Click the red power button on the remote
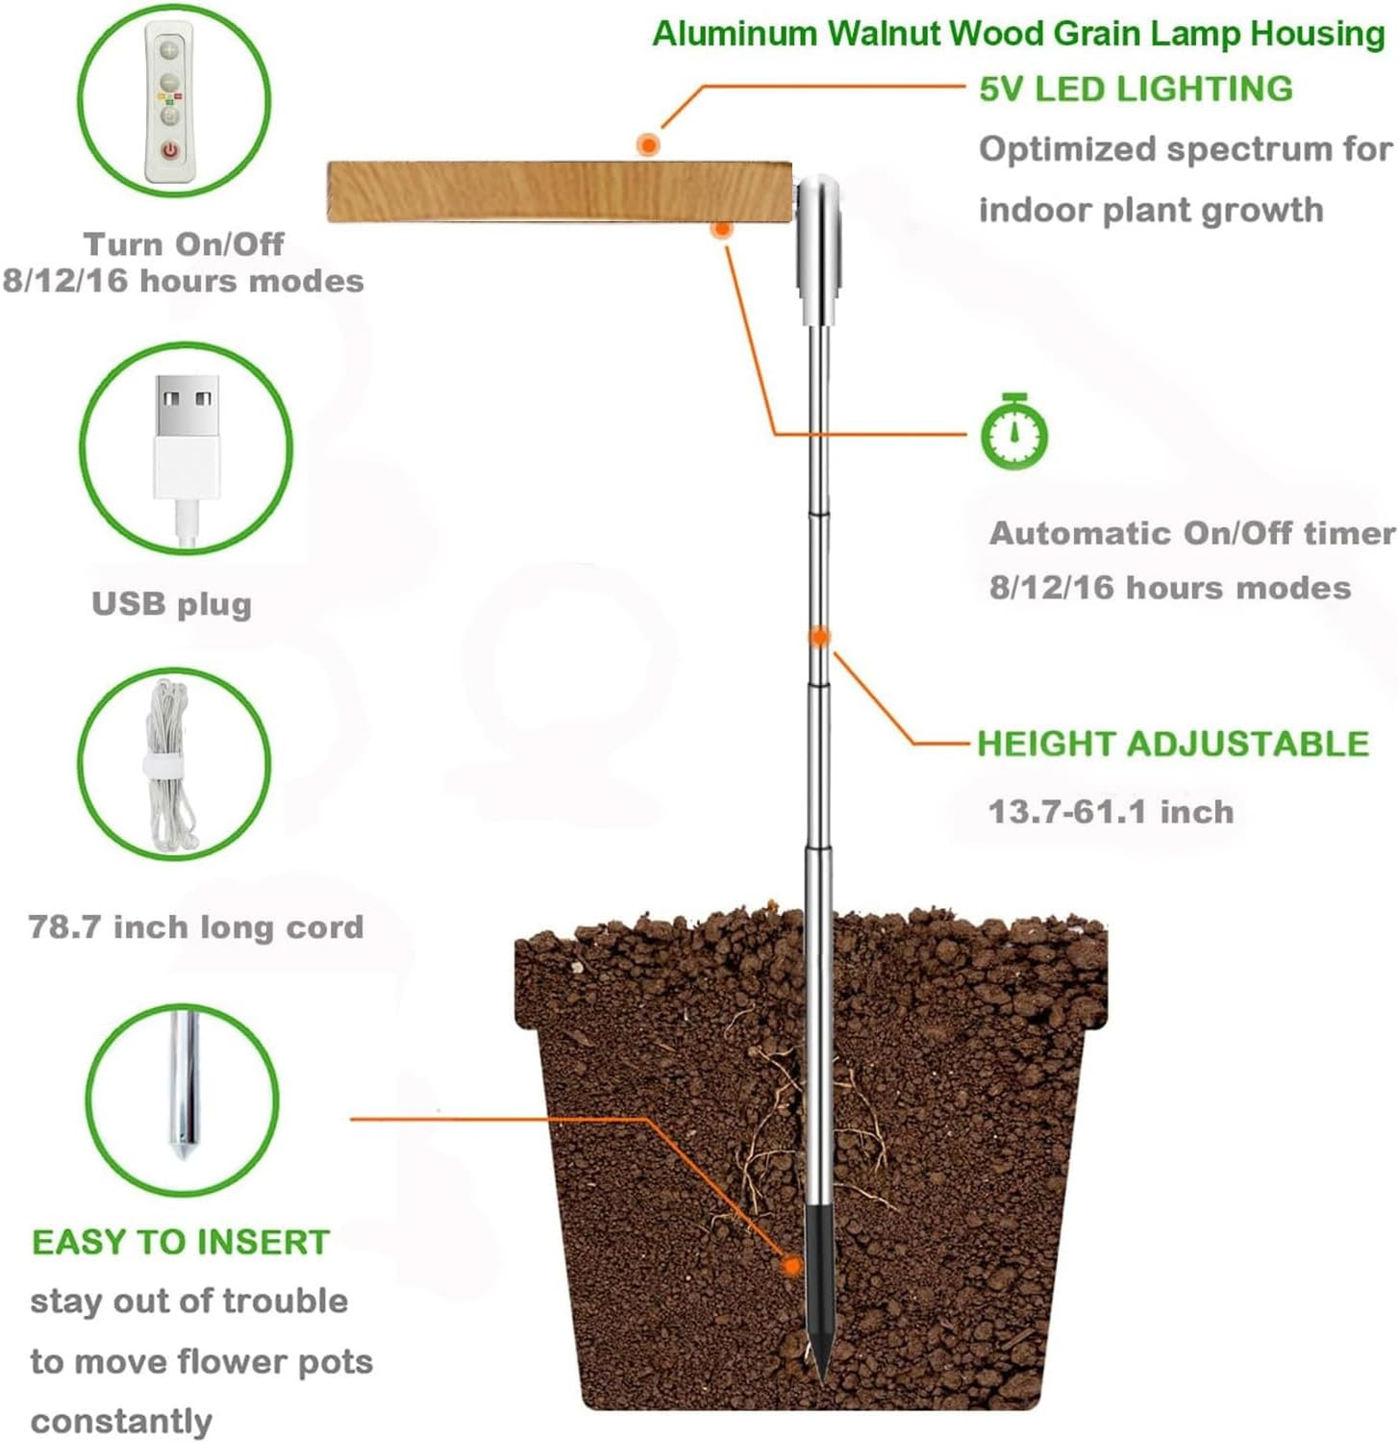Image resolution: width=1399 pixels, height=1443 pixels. point(170,150)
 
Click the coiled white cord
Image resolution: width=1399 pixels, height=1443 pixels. point(170,764)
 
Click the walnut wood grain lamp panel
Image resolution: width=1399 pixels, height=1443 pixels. point(560,191)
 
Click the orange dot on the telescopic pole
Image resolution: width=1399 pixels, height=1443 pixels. point(819,637)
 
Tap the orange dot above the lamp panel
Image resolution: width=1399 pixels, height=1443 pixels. point(649,145)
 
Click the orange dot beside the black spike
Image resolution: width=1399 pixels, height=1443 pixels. point(791,1265)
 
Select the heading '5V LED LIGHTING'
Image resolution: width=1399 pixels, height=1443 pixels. point(1136,89)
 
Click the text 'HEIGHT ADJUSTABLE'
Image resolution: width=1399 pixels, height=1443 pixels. point(1173,744)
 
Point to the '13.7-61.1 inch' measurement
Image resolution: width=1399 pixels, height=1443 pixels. point(1111,811)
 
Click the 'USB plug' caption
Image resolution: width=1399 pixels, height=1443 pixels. point(171,604)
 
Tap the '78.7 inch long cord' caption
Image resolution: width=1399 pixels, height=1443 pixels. point(196,926)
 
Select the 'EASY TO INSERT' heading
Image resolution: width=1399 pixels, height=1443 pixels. point(181,1242)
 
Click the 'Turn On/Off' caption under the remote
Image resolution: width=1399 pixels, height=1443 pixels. point(184,243)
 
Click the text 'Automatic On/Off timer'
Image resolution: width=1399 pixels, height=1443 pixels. point(1192,533)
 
